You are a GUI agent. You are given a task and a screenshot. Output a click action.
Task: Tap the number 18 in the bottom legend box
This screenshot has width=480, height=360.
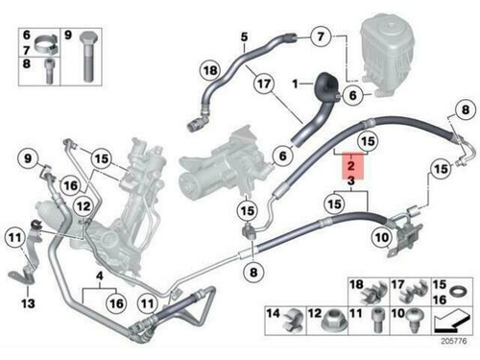[354, 285]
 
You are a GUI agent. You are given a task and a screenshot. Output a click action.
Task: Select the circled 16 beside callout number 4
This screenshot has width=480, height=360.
[115, 302]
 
